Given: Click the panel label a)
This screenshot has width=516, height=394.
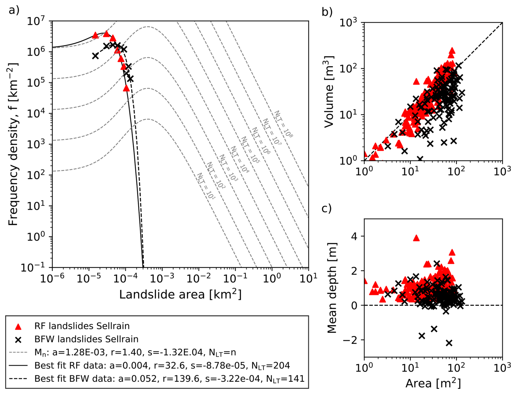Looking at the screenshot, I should coord(14,10).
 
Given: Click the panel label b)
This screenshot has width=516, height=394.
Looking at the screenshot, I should coord(327,12).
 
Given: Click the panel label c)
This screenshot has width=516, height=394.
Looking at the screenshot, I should coord(326,208).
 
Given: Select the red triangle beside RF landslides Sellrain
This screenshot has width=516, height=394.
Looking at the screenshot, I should coord(18,326).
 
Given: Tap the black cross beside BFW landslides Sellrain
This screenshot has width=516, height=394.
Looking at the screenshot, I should coord(18,340).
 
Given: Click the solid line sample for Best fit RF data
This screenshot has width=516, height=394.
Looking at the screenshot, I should coord(18,366).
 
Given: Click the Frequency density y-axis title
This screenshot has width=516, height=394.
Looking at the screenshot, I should coord(13,144).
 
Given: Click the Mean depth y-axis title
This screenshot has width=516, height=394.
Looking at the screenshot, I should coord(332,288).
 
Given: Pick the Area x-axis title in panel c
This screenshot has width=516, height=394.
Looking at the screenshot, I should coord(433,383).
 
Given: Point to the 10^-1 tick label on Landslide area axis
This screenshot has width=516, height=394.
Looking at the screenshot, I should coord(235,278).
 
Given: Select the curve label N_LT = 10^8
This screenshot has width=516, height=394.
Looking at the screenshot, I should coord(284,124).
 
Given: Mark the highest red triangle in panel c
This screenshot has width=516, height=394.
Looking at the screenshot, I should coord(416,238).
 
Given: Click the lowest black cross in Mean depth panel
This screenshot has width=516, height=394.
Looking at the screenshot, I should coord(449,343).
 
